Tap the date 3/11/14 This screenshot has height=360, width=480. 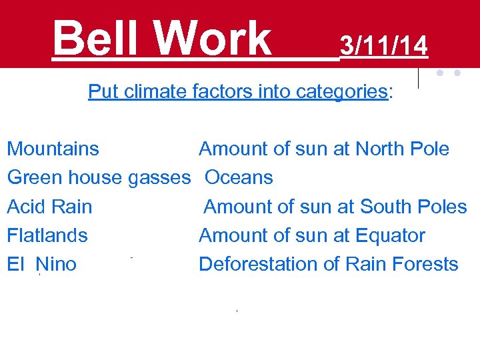(x=383, y=45)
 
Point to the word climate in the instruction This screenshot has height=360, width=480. (x=155, y=92)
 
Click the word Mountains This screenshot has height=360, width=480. (x=53, y=149)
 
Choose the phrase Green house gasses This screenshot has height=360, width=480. (x=99, y=178)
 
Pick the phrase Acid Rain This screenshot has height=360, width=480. (x=49, y=207)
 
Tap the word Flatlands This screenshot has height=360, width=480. (x=47, y=235)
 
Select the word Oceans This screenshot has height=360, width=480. (x=239, y=178)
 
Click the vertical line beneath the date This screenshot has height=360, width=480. (x=418, y=78)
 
